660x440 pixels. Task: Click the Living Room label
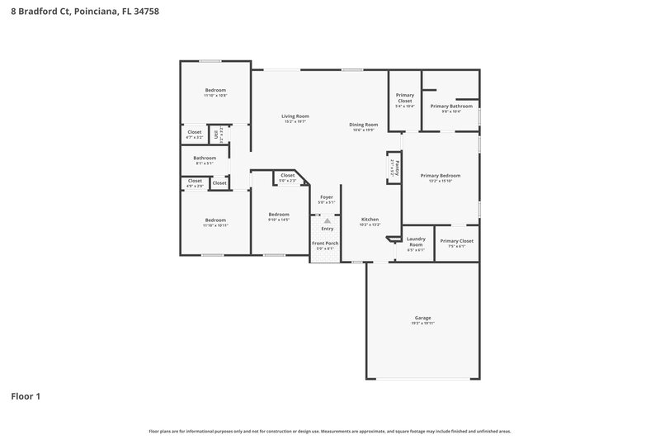point(295,116)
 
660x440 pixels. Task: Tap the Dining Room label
point(364,125)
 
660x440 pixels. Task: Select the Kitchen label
point(370,220)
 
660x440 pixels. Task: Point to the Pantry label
point(395,168)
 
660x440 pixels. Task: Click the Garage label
point(422,318)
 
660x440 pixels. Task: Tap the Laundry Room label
point(416,242)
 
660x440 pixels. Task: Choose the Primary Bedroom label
point(440,176)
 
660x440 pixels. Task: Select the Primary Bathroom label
point(450,106)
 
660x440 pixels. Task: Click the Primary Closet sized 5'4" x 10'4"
point(405,98)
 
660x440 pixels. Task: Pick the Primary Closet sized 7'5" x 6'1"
point(456,241)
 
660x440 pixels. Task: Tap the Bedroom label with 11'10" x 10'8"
point(215,90)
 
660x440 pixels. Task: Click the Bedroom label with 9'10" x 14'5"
point(278,215)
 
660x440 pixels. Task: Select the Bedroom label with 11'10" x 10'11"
point(215,220)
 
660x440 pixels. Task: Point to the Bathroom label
point(205,158)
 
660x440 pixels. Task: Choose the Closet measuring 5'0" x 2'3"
point(287,175)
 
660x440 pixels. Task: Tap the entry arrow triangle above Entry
point(327,221)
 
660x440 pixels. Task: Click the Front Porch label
point(325,244)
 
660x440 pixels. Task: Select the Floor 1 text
point(26,396)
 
